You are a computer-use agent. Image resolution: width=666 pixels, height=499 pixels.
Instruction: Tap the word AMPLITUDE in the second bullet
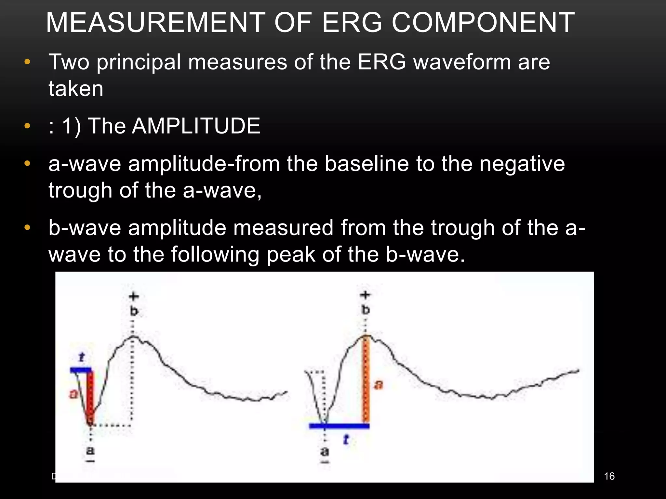click(196, 126)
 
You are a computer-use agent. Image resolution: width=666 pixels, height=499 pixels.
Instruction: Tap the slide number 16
click(609, 476)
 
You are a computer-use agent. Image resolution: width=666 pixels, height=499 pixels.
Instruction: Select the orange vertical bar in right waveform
click(366, 380)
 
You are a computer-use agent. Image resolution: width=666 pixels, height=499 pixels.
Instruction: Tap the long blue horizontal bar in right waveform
click(339, 426)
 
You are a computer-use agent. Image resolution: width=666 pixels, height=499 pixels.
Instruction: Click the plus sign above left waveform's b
click(134, 296)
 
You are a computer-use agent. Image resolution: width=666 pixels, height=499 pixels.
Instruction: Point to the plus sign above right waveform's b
click(365, 295)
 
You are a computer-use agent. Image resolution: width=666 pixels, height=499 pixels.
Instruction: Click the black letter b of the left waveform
click(134, 312)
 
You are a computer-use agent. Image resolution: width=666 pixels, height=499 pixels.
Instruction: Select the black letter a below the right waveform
click(325, 452)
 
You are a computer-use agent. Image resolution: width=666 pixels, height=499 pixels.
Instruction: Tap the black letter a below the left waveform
click(90, 451)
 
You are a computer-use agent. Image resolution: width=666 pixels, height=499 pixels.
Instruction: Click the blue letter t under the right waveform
click(346, 440)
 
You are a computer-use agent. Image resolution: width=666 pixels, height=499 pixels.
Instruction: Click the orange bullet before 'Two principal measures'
click(27, 62)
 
